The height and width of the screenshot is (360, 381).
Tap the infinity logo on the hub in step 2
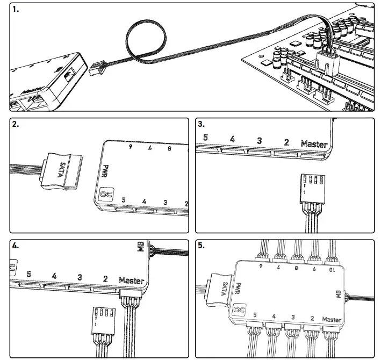(x=105, y=194)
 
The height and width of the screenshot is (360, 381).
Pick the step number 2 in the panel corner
(x=16, y=124)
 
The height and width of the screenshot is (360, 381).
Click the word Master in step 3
(x=314, y=143)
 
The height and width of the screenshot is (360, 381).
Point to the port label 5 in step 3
(x=205, y=138)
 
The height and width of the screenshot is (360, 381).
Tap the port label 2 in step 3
(x=286, y=142)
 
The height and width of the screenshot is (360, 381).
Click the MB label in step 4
(x=141, y=248)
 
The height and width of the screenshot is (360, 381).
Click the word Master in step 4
(x=131, y=280)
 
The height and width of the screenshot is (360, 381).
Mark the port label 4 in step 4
(x=54, y=276)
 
